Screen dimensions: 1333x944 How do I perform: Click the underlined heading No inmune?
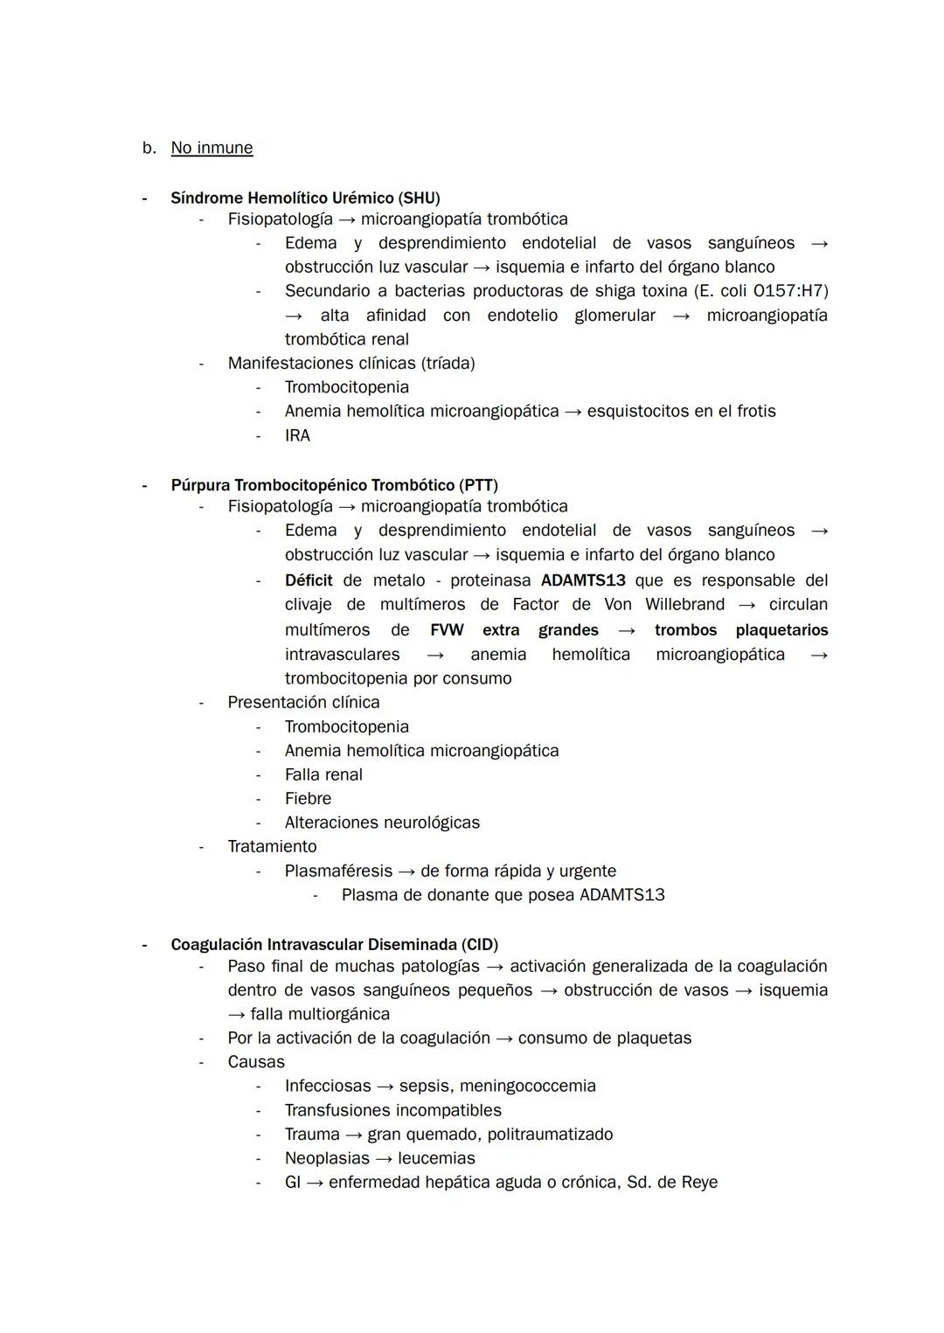[212, 148]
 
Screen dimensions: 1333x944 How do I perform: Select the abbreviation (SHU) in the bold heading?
[420, 198]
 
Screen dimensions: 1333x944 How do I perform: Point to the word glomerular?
[614, 315]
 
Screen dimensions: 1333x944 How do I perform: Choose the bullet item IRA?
[297, 435]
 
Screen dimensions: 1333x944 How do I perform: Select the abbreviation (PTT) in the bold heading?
[479, 485]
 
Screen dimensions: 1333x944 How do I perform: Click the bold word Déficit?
[309, 580]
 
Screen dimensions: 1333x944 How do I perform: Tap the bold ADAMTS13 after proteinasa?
[583, 580]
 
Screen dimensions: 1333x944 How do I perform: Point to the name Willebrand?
[684, 604]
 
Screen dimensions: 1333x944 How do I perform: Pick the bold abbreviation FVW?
[447, 630]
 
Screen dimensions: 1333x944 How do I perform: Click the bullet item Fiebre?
[308, 798]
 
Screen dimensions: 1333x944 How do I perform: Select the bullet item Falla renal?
[323, 774]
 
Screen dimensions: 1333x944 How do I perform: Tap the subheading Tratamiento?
[272, 846]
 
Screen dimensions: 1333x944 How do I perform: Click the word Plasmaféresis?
[338, 871]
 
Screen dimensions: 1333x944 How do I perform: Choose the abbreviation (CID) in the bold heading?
[480, 945]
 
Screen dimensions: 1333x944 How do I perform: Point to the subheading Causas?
[256, 1062]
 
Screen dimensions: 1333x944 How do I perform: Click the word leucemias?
[436, 1158]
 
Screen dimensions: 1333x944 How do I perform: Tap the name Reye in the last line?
[698, 1182]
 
